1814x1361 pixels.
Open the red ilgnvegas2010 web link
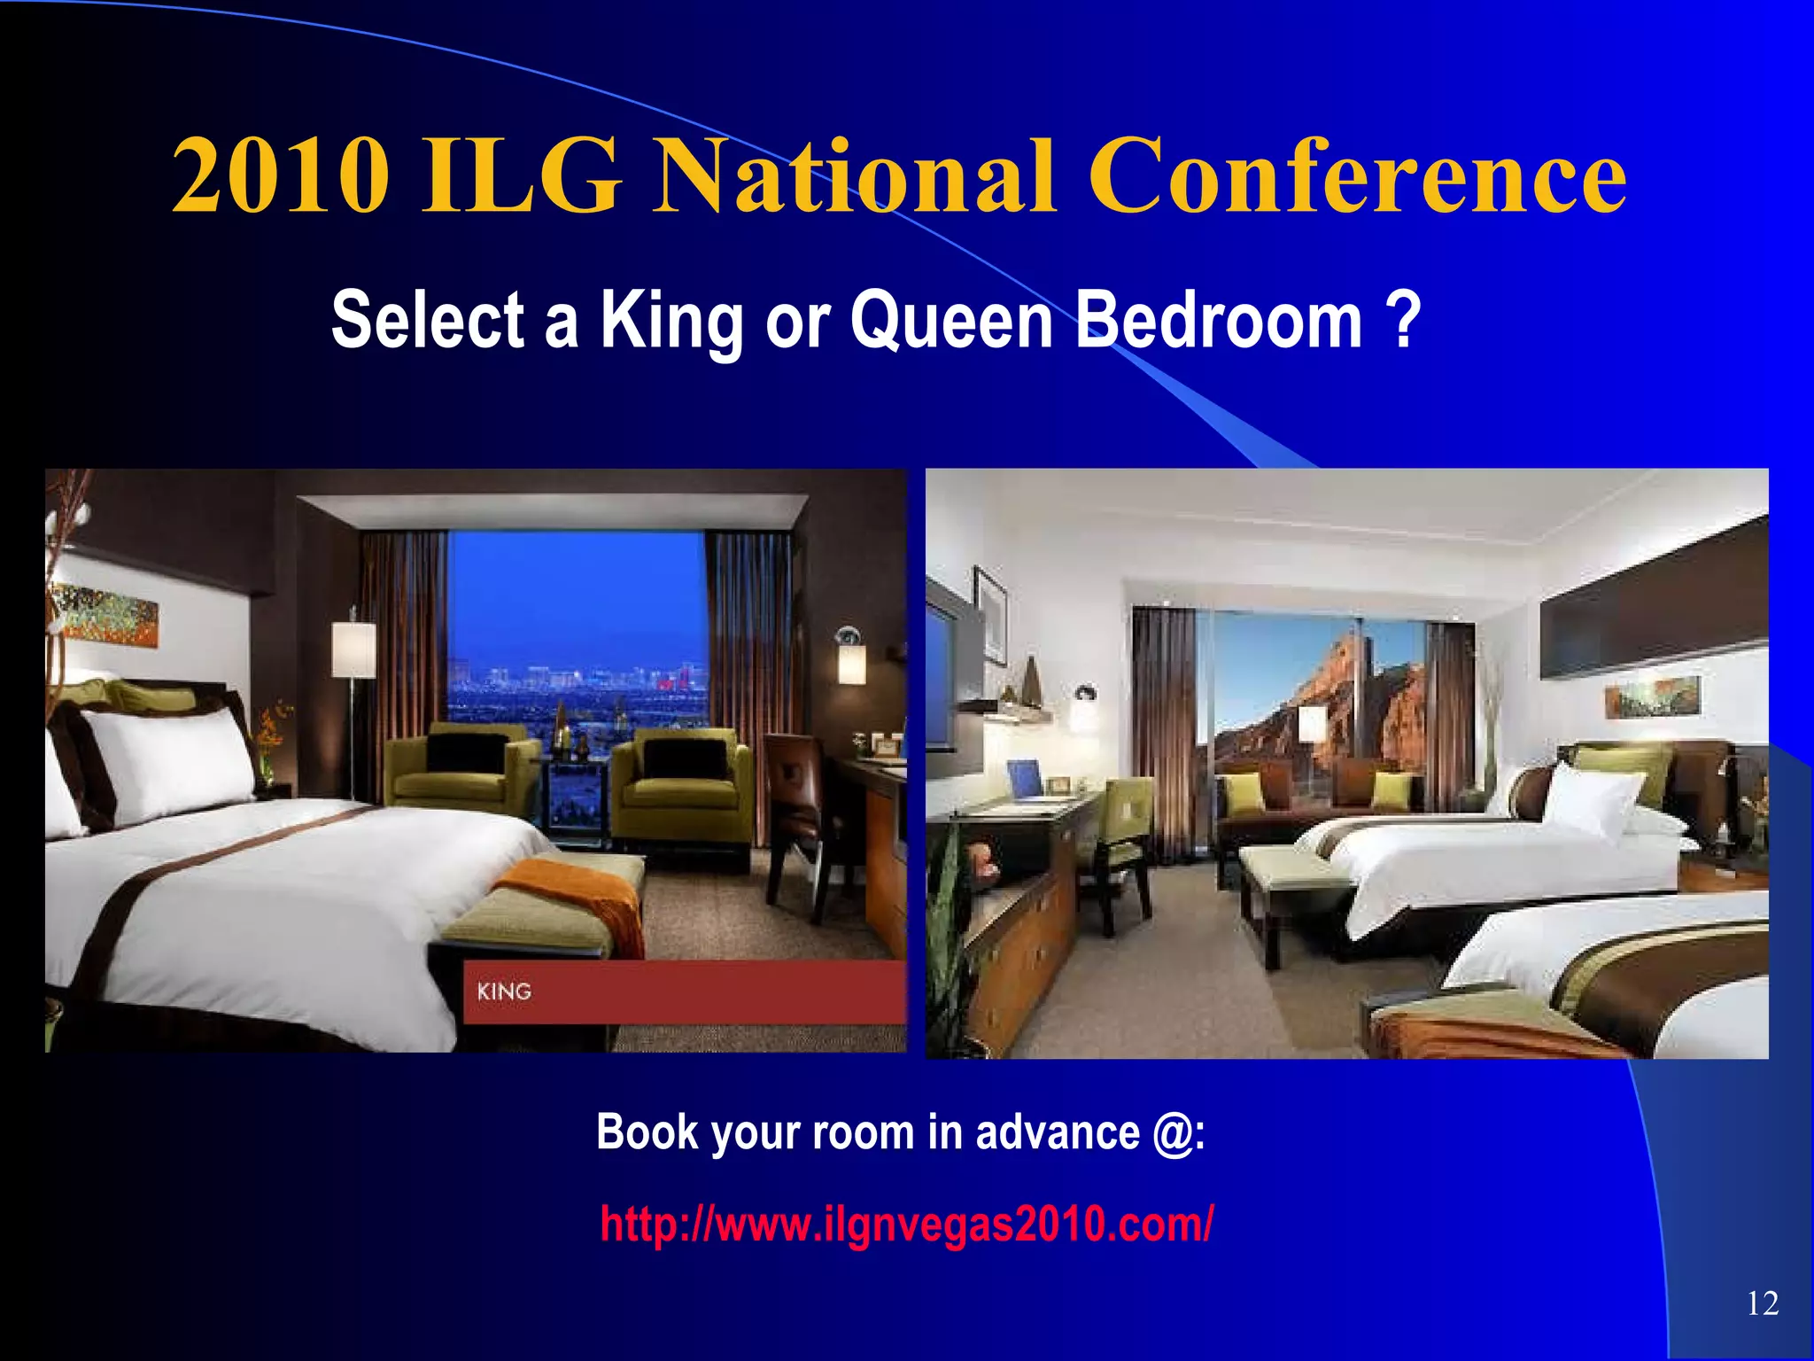(x=906, y=1225)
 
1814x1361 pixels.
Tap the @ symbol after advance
(x=1173, y=1133)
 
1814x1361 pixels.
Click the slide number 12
(x=1763, y=1303)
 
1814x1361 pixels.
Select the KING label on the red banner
(x=504, y=992)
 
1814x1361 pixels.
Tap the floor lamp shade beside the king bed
(x=353, y=649)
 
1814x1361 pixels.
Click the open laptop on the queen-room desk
(x=1028, y=780)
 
